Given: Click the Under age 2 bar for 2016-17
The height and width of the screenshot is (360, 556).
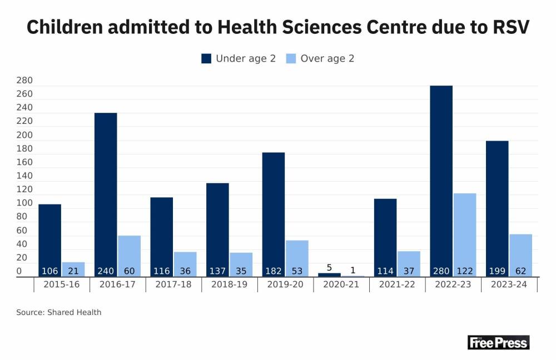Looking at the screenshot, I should pyautogui.click(x=106, y=194).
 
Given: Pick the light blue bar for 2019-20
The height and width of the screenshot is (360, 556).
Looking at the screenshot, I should pyautogui.click(x=297, y=258).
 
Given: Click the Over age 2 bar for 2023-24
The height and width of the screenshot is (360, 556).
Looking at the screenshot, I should pyautogui.click(x=521, y=255).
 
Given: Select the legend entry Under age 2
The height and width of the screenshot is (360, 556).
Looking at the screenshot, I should pyautogui.click(x=239, y=58).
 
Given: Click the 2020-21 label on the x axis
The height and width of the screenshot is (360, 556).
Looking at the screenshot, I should pyautogui.click(x=341, y=284).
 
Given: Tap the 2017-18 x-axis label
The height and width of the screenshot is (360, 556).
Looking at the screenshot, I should pyautogui.click(x=173, y=284).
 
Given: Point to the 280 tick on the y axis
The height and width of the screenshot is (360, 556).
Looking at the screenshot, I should pyautogui.click(x=24, y=81).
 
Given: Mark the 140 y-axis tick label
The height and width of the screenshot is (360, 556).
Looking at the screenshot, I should pyautogui.click(x=24, y=176).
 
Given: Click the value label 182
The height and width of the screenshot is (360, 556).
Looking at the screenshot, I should pyautogui.click(x=273, y=271).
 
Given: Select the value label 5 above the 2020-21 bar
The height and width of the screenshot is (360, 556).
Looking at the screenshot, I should pyautogui.click(x=329, y=268).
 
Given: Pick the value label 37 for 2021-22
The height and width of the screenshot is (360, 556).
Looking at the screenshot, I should pyautogui.click(x=409, y=271).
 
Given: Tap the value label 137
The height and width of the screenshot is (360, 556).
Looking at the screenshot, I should pyautogui.click(x=217, y=271).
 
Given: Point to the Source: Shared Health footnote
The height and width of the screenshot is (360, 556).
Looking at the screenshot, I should pyautogui.click(x=59, y=312).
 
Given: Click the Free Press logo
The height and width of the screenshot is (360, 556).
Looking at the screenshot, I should pyautogui.click(x=498, y=342).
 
